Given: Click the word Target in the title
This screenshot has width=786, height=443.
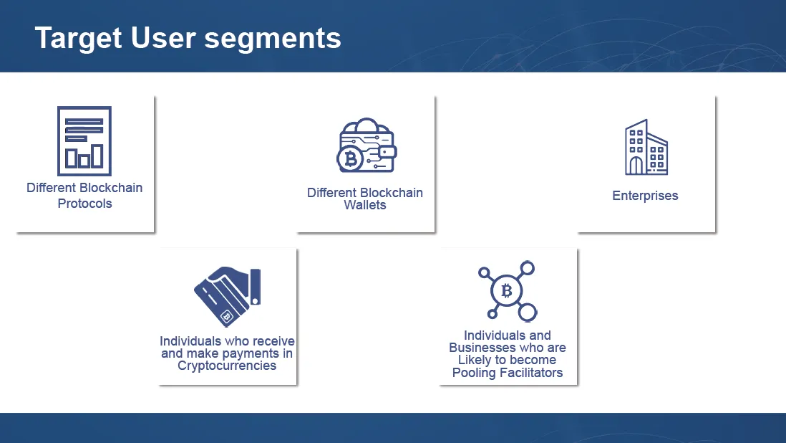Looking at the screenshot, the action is click(x=78, y=39).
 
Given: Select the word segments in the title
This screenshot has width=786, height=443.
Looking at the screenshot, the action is click(x=273, y=39).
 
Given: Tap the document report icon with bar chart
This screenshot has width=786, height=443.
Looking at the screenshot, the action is click(x=84, y=141).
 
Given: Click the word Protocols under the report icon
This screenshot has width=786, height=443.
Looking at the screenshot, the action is click(x=84, y=204).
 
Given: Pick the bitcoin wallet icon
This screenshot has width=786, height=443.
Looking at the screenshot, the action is click(x=367, y=146).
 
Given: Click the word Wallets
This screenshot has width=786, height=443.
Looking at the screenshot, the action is click(x=365, y=205).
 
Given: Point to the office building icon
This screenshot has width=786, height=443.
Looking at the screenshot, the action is click(x=646, y=147).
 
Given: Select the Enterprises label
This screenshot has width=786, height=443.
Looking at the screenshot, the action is click(x=645, y=196).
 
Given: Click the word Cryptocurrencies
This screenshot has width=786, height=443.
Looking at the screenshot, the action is click(x=227, y=366).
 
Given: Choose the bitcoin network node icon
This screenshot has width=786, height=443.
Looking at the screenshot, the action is click(x=508, y=291).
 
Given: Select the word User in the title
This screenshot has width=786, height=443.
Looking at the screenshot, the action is click(x=163, y=39).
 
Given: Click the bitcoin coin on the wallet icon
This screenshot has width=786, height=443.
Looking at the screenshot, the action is click(x=350, y=160).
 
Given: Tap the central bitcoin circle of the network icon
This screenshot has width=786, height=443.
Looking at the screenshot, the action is click(x=507, y=290).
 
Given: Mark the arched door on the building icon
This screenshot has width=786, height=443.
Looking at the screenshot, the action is click(x=636, y=166).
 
